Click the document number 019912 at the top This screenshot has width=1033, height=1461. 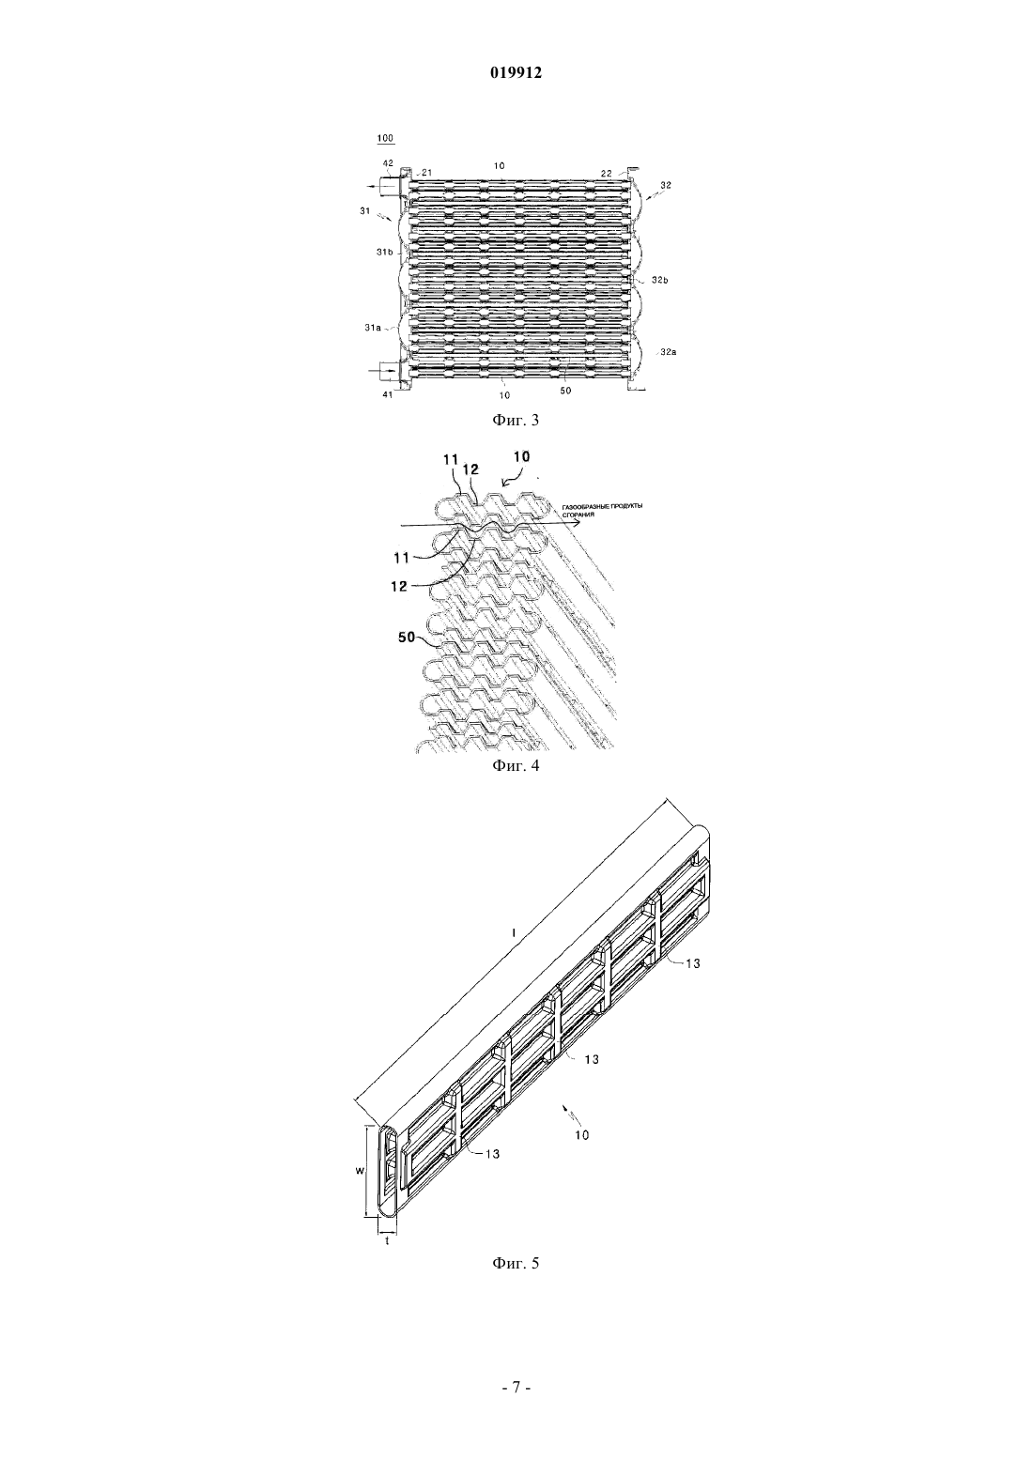516,73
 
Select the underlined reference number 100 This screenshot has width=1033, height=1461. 385,138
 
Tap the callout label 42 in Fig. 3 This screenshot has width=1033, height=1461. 388,163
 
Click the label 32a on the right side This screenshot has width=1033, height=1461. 669,351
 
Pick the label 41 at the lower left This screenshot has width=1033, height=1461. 387,394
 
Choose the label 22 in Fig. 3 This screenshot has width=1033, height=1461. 607,173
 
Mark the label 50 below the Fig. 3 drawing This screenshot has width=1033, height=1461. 565,390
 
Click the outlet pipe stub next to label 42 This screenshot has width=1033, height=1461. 390,187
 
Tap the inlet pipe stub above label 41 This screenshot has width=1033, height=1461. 390,371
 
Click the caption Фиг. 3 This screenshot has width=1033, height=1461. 516,420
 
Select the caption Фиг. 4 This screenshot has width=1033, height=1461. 516,765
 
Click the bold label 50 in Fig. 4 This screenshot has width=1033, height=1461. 407,638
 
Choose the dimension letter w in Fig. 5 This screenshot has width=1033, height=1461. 360,1171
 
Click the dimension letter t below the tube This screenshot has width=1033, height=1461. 387,1240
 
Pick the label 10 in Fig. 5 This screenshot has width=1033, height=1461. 581,1135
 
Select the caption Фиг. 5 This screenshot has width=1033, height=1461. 516,1282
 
